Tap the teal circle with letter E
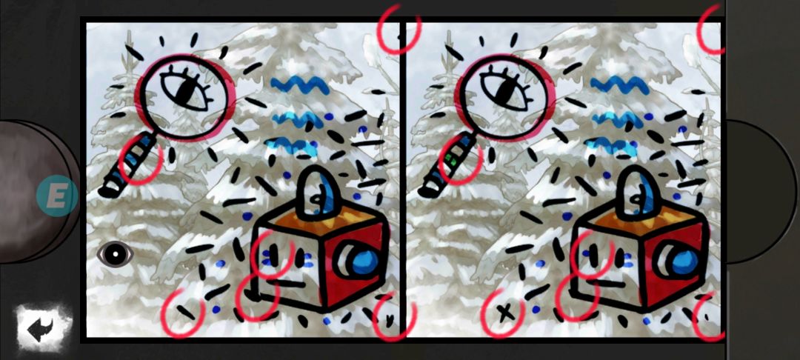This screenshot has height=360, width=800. (x=57, y=196)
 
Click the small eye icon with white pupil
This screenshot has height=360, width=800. (x=116, y=253)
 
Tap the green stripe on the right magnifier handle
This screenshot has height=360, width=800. (x=450, y=159)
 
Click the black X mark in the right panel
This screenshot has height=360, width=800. (x=506, y=313)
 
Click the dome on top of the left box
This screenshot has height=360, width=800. (x=316, y=193)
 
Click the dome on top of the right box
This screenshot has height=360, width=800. (x=636, y=192)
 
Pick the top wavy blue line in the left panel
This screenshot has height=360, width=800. (x=300, y=84)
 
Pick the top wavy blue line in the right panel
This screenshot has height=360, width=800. (x=620, y=84)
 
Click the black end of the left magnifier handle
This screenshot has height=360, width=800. (x=108, y=190)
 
